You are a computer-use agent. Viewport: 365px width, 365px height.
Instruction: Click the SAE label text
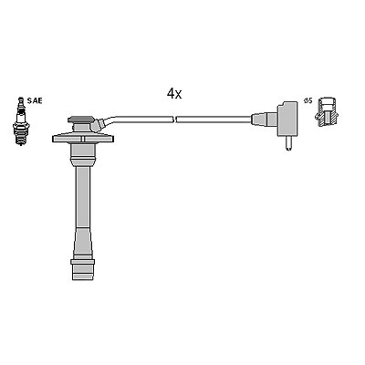point(35,100)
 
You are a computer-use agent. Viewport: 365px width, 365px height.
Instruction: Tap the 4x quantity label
point(174,94)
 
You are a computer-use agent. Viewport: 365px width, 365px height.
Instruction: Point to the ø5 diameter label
point(308,100)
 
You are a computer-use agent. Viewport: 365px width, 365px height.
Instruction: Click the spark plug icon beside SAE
point(21,121)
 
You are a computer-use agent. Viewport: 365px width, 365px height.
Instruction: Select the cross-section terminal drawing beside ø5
point(328,112)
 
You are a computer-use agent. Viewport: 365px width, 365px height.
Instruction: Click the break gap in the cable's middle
point(174,120)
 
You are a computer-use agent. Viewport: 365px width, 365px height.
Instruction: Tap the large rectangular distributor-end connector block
point(287,119)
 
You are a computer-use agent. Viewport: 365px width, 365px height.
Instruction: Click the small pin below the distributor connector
point(288,143)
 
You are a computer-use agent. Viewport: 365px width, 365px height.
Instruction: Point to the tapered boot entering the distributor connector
point(264,120)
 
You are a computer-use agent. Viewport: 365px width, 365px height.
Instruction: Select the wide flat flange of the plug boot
point(83,138)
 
